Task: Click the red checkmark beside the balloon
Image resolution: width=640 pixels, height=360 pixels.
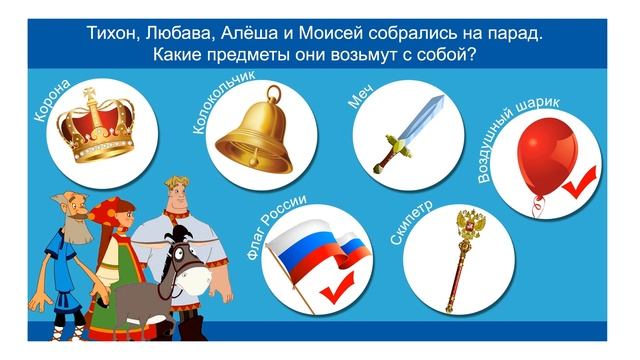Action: click(578, 183)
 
